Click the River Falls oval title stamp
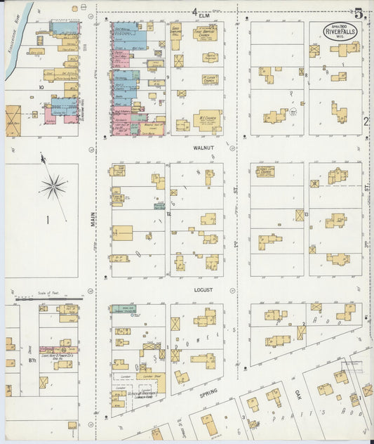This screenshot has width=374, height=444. (340, 32)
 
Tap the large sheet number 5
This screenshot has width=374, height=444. (359, 13)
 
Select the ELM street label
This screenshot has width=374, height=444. (204, 15)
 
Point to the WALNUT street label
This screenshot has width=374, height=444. (204, 149)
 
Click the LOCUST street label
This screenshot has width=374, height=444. (204, 289)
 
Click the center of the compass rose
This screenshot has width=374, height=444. (53, 186)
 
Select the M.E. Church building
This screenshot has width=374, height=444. (208, 121)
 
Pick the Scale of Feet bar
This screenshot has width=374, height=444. (44, 298)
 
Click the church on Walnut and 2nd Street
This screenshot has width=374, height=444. (266, 171)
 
